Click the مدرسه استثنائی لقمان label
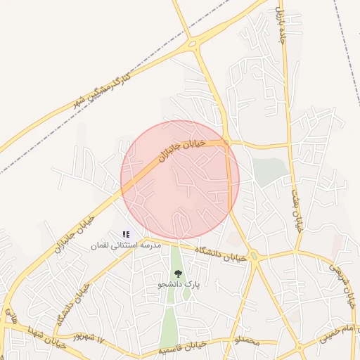tap(126, 245)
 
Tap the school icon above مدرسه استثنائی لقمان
tap(126, 234)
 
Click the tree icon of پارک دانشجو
tap(178, 274)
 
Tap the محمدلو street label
tap(247, 342)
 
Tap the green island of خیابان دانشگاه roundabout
tap(253, 257)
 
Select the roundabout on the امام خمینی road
tap(300, 347)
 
